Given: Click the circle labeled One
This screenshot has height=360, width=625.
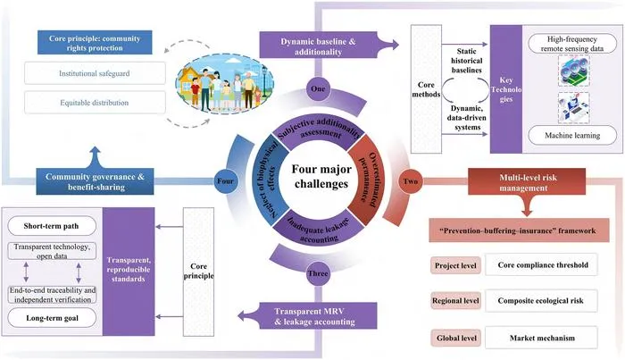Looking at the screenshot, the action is tap(318, 89).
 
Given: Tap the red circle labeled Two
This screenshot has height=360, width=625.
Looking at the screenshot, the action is tap(411, 181).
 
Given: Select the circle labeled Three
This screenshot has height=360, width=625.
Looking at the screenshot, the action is tap(318, 274).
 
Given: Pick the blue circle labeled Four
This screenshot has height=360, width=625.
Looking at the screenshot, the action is tap(225, 181).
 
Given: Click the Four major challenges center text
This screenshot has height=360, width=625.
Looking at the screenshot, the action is tap(321, 176).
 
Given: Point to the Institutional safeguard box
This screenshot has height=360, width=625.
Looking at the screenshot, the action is tap(95, 73).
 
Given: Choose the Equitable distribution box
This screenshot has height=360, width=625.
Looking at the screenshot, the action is tap(95, 103).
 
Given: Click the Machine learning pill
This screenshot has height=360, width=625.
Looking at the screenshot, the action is tap(572, 136).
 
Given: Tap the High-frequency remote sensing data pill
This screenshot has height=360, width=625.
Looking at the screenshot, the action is tap(572, 44).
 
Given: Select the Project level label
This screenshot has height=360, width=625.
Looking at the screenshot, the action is tap(455, 265).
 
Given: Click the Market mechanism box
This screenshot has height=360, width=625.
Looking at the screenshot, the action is tap(541, 338).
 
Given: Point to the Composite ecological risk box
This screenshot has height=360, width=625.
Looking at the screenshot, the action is tap(541, 301).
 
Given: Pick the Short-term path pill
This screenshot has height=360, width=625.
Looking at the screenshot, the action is tap(52, 226).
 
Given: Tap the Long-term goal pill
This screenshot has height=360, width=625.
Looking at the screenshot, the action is tap(52, 318).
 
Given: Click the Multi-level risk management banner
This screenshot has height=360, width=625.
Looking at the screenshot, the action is tap(527, 182).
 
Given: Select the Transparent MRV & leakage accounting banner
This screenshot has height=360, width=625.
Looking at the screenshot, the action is tap(309, 316).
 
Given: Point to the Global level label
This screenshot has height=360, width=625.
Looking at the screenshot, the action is tap(455, 338).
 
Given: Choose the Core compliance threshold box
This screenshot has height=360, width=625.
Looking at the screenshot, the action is tap(541, 264).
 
